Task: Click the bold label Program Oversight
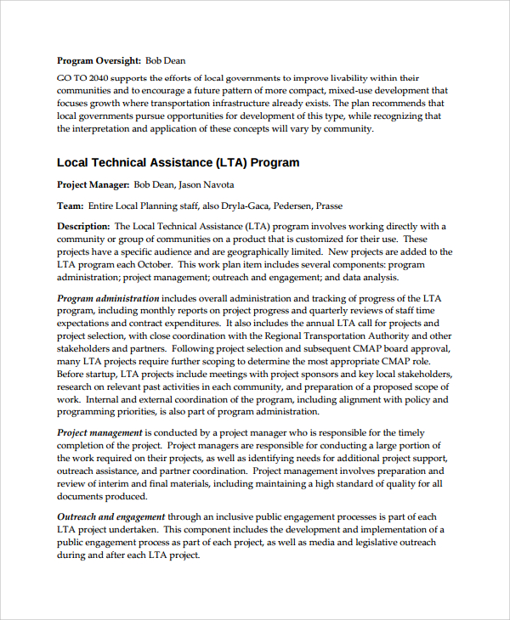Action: [99, 60]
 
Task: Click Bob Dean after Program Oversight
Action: [165, 60]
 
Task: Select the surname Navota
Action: [215, 184]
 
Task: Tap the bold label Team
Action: [71, 206]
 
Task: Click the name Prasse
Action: [330, 206]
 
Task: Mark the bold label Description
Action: [83, 226]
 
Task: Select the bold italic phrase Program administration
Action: [108, 298]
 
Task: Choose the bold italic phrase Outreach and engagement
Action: [111, 516]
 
